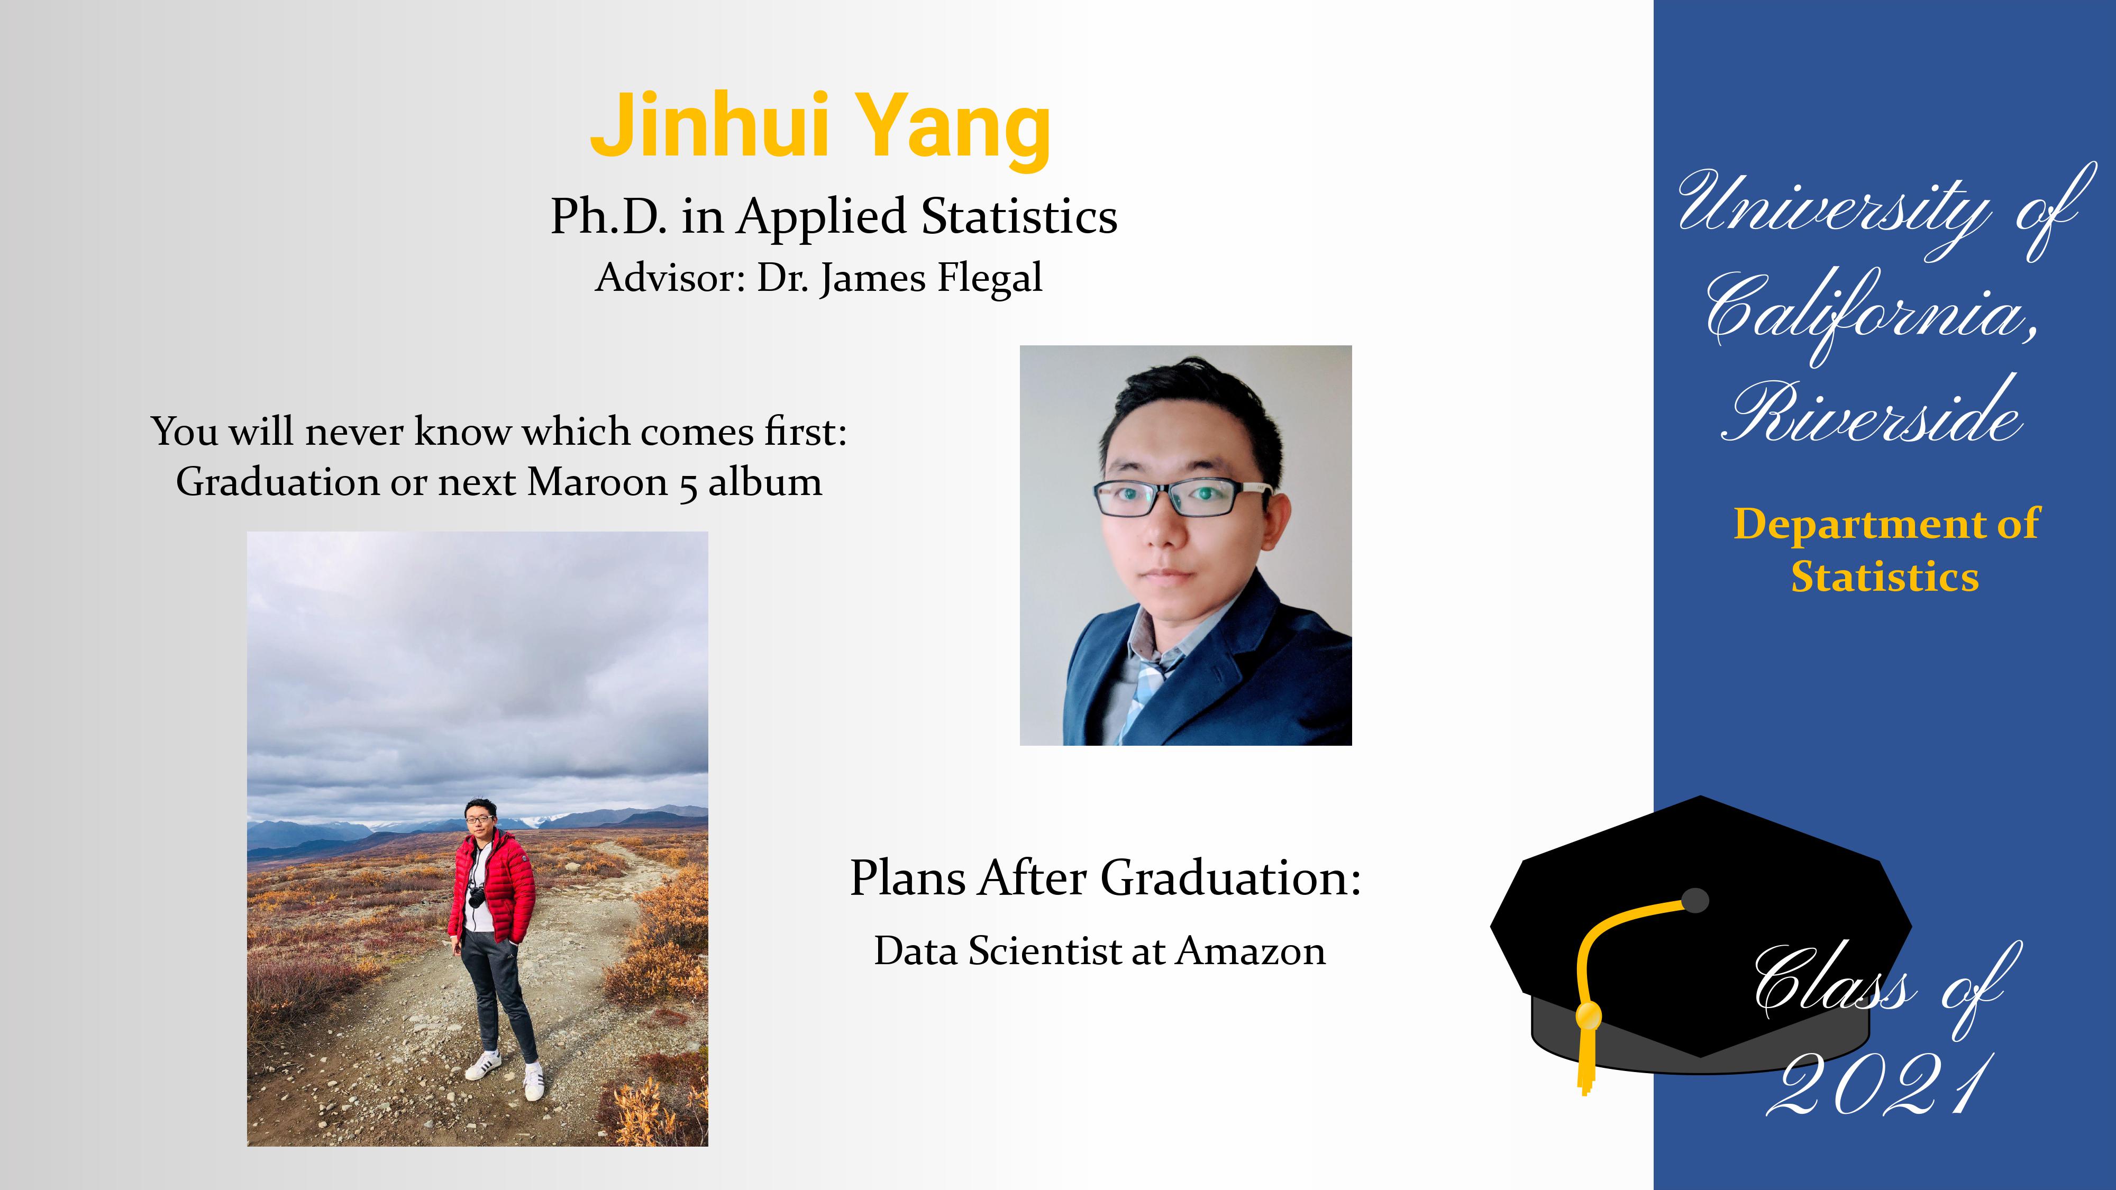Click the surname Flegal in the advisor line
(989, 278)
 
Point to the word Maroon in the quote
(597, 482)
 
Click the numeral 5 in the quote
(688, 486)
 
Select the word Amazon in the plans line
(1251, 951)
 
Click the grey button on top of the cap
(1695, 900)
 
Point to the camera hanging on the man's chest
(477, 897)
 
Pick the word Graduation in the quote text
(277, 482)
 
